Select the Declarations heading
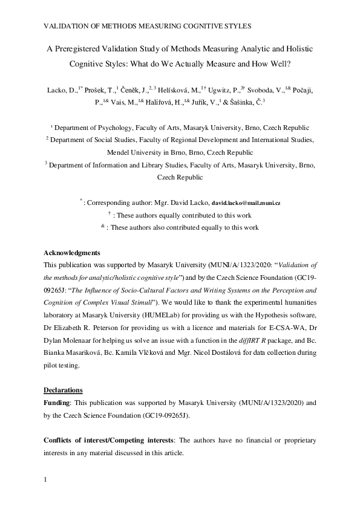pos(64,389)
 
